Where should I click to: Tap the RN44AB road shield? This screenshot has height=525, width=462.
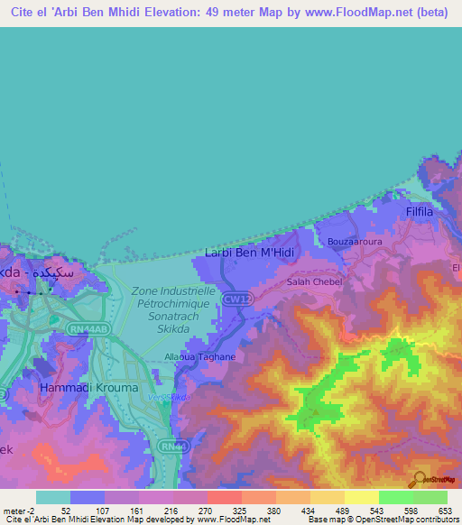(90, 329)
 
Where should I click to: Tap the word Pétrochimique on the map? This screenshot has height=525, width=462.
(171, 305)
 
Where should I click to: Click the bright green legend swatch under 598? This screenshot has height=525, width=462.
(395, 497)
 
